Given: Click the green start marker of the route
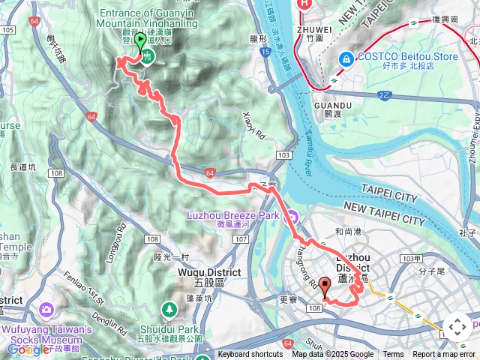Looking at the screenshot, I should point(140,41).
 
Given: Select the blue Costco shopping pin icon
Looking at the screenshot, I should point(346,58).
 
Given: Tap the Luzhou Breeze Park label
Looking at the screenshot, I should point(232,216).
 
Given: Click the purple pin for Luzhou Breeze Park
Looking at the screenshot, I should point(291,216).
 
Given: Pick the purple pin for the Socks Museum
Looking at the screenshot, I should point(46,309).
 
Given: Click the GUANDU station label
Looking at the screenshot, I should point(333,106).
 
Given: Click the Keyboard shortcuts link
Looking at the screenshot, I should point(250,355).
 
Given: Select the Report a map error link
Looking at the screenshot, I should point(444,355).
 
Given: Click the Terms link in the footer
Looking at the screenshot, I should point(393,355).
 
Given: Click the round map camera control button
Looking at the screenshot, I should point(457,327).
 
